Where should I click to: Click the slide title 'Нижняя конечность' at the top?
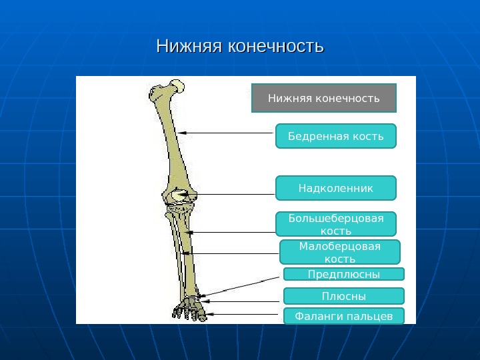pyautogui.click(x=239, y=47)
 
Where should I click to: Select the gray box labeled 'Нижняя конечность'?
pyautogui.click(x=324, y=98)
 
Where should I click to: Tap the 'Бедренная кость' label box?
pyautogui.click(x=335, y=136)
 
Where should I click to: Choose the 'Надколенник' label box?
pyautogui.click(x=335, y=188)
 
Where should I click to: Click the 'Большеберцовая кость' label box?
pyautogui.click(x=335, y=224)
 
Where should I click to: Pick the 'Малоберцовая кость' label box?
pyautogui.click(x=339, y=252)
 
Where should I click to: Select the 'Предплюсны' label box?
pyautogui.click(x=343, y=274)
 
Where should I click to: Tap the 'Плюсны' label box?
pyautogui.click(x=343, y=296)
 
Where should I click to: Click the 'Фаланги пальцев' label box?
pyautogui.click(x=343, y=316)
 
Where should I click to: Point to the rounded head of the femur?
pyautogui.click(x=177, y=86)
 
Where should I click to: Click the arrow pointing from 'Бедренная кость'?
pyautogui.click(x=227, y=133)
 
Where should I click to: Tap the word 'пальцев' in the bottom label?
pyautogui.click(x=370, y=316)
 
